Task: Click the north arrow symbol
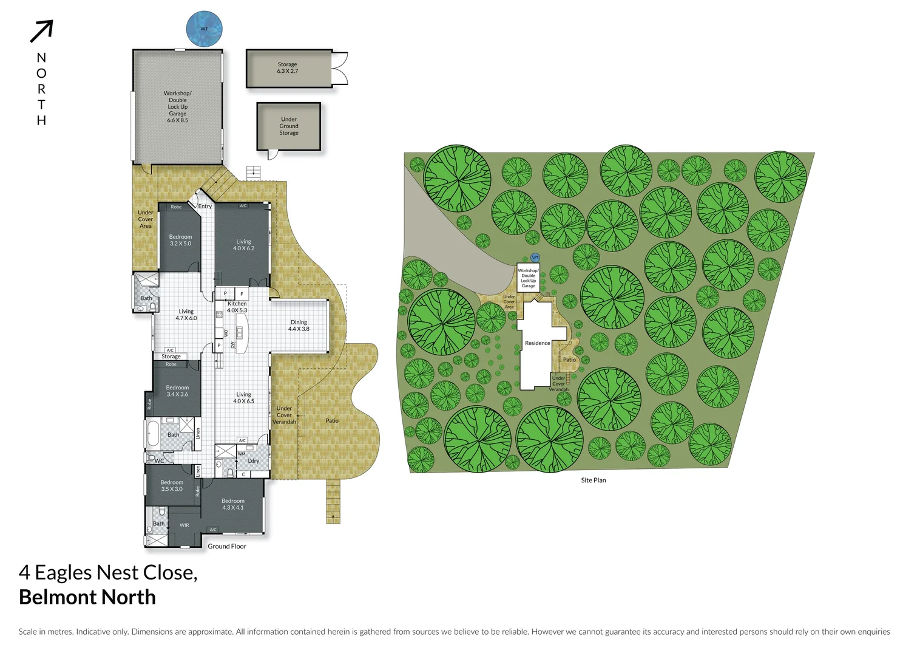click(x=42, y=32)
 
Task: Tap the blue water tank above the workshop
click(x=204, y=29)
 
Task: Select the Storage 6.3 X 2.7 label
click(x=287, y=68)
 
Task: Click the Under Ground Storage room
click(x=289, y=126)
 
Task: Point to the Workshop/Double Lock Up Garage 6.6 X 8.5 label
click(x=177, y=107)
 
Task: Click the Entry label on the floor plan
click(x=205, y=207)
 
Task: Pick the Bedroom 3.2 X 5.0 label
click(x=180, y=241)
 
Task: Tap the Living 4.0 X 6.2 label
click(x=243, y=245)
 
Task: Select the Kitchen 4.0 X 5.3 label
click(x=237, y=307)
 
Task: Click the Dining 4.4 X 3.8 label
click(x=299, y=326)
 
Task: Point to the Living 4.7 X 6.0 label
click(x=186, y=315)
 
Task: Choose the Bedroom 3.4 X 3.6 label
click(x=177, y=391)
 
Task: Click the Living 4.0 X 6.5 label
click(x=243, y=398)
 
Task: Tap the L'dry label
click(x=254, y=461)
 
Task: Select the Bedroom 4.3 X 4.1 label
click(x=232, y=504)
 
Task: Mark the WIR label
click(x=184, y=525)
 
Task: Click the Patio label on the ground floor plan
click(x=332, y=421)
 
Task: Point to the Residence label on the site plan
click(x=537, y=343)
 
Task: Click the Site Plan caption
click(x=593, y=480)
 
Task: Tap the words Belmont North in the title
click(x=87, y=597)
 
